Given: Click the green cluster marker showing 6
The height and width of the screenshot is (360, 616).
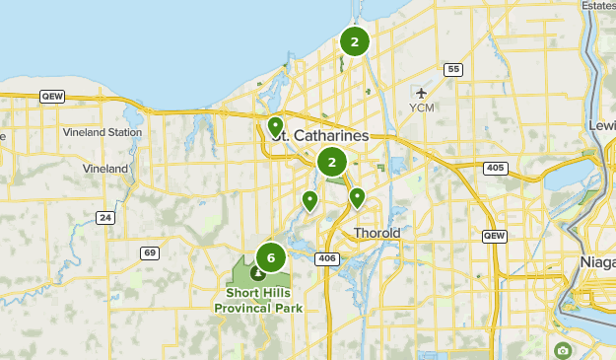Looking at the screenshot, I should click(270, 257).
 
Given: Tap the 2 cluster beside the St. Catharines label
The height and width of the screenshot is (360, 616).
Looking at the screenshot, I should click(332, 162).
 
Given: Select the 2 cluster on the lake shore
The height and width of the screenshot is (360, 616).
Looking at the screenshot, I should click(354, 41).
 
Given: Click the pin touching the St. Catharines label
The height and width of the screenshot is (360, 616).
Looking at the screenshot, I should click(275, 126).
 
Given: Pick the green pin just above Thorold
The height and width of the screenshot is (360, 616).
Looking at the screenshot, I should click(357, 197).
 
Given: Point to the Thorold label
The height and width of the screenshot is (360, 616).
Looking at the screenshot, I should click(377, 234).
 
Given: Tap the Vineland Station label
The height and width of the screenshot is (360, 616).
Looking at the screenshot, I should click(103, 131).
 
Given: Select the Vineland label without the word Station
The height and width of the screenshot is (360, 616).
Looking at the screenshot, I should click(107, 169).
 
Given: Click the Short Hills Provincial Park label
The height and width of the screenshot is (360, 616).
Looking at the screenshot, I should click(258, 300).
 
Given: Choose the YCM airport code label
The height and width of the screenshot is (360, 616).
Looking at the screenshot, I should click(422, 108).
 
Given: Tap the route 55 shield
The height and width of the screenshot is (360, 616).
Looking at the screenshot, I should click(452, 69).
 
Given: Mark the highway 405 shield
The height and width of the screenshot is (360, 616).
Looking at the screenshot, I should click(496, 169).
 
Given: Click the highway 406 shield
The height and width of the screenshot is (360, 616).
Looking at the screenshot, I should click(327, 258).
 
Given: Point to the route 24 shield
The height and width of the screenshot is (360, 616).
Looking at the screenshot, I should click(106, 217).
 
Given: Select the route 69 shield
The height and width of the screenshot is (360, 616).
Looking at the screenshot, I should click(149, 252).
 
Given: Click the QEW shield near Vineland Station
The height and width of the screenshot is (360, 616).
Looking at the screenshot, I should click(51, 96).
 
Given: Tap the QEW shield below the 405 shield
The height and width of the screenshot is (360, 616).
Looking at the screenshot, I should click(494, 237).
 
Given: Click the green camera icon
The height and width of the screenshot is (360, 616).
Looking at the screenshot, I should click(562, 350).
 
